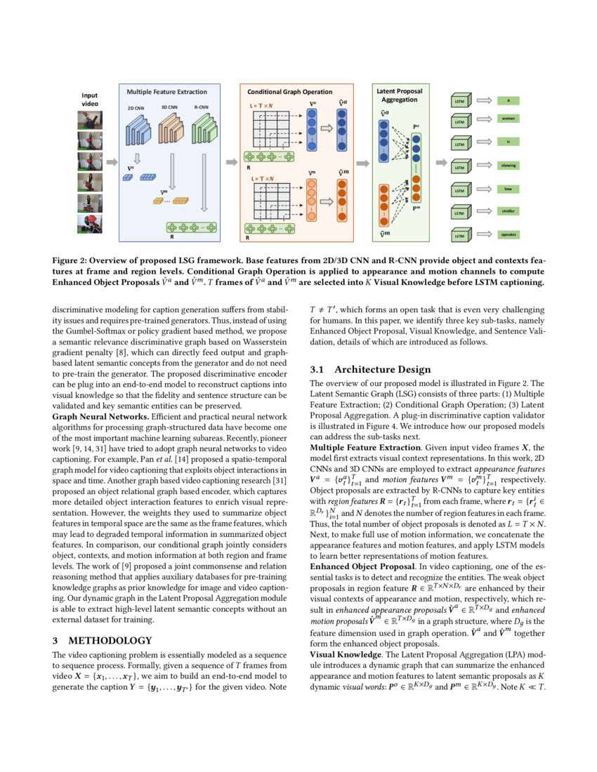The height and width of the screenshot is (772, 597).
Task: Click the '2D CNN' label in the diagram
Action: point(136,109)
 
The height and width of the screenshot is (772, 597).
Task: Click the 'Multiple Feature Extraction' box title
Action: point(166,92)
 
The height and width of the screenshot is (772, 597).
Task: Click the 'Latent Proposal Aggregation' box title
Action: point(399,95)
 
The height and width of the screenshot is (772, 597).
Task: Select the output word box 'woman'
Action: point(508,119)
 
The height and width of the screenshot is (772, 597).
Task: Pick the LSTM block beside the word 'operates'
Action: point(460,236)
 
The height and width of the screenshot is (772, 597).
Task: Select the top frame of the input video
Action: point(90,119)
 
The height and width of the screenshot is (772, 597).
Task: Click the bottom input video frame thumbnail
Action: point(90,224)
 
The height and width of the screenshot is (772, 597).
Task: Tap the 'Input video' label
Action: point(90,99)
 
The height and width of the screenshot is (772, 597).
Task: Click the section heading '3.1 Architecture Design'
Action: point(370,369)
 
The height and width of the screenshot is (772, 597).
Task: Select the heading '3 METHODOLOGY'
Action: point(102,640)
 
